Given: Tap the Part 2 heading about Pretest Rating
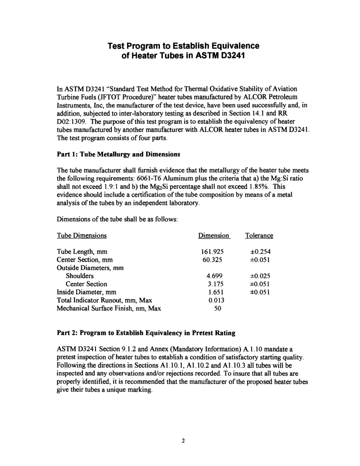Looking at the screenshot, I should point(146,333).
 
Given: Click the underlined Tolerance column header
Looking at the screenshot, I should point(259,235).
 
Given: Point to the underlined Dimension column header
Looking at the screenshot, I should point(214,235).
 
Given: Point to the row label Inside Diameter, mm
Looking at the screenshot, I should point(86,292).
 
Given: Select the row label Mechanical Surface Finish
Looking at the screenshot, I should point(109,308).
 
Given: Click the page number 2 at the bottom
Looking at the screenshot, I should point(183,441).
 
